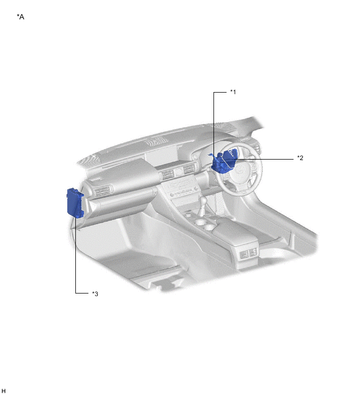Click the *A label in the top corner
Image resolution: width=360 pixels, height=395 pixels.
click(20, 17)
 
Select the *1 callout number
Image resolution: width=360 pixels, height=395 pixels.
click(233, 92)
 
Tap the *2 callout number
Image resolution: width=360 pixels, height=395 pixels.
click(300, 157)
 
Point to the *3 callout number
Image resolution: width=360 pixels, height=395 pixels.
click(95, 294)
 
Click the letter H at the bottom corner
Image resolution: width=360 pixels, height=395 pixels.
click(3, 390)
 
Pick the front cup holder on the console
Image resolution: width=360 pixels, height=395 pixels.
click(199, 222)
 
